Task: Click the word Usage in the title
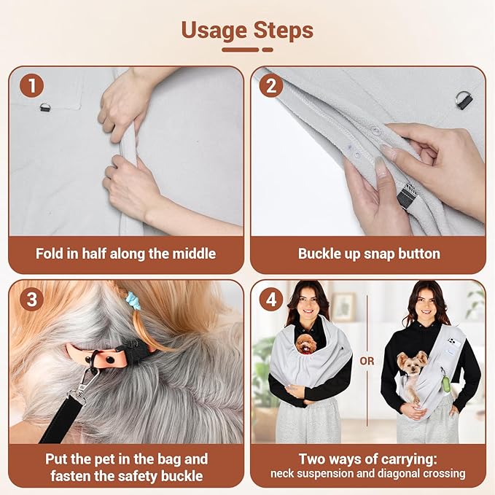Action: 214,31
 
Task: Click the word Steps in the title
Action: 284,30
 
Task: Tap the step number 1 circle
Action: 31,85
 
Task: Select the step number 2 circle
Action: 271,85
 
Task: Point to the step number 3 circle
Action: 31,299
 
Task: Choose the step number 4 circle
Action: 271,299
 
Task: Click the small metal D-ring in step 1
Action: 44,108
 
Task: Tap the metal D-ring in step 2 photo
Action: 464,100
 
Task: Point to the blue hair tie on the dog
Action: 131,300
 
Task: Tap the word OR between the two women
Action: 367,361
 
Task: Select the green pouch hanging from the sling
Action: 445,383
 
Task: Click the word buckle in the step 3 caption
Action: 182,476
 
